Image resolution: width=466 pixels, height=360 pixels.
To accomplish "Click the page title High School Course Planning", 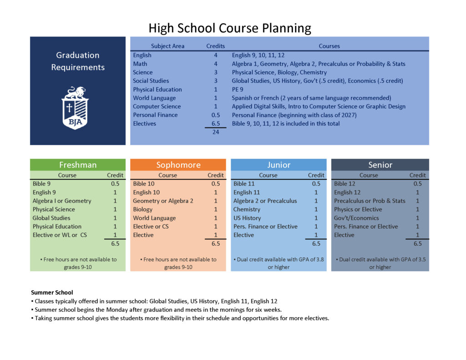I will [x=230, y=28].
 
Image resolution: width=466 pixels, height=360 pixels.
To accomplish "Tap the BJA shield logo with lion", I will [x=75, y=108].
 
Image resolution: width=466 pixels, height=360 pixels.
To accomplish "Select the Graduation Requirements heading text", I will [x=78, y=61].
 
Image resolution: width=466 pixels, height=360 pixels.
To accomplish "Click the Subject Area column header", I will [x=167, y=46].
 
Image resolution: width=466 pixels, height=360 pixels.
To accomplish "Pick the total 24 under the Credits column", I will [x=216, y=132].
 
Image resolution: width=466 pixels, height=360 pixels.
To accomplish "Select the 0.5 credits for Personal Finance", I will [x=216, y=115].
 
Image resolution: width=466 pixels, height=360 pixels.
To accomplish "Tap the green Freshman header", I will [x=78, y=165].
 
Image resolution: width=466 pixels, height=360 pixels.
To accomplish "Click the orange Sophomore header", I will [x=178, y=165].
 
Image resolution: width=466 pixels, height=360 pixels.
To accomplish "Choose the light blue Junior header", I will [x=279, y=165].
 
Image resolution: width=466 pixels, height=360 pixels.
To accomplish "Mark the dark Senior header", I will [x=380, y=165].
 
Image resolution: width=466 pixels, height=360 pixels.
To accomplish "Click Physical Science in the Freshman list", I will [x=54, y=209].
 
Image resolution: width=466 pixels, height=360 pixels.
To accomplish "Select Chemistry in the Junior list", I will [x=247, y=209].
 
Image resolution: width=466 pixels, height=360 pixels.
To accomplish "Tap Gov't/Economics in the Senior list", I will [x=356, y=218].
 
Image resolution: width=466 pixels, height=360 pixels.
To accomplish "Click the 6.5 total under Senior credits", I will [x=417, y=243].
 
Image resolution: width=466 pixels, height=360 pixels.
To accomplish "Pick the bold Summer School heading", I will [x=52, y=293].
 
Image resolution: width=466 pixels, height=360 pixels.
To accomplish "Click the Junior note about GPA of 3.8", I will [x=279, y=263].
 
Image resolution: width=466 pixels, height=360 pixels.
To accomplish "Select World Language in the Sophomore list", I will [x=154, y=218].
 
